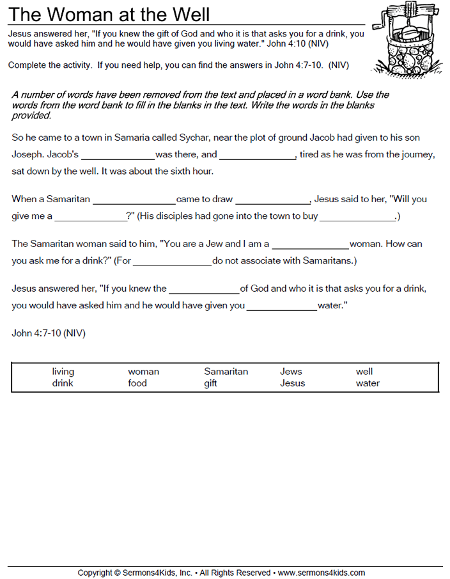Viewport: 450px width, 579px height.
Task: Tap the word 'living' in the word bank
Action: pyautogui.click(x=63, y=371)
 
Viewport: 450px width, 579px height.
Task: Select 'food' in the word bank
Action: pyautogui.click(x=137, y=383)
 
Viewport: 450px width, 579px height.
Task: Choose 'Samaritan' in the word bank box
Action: pyautogui.click(x=226, y=371)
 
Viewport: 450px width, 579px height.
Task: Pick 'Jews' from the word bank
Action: pyautogui.click(x=291, y=371)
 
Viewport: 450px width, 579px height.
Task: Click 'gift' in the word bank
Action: pyautogui.click(x=211, y=383)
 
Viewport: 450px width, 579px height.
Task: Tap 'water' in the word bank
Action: pyautogui.click(x=368, y=383)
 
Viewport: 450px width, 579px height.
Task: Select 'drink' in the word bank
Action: pyautogui.click(x=63, y=383)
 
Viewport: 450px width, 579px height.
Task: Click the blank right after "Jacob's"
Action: pyautogui.click(x=118, y=155)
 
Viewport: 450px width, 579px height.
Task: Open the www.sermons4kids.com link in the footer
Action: pyautogui.click(x=321, y=573)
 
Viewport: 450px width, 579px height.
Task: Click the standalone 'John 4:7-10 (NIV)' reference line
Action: pyautogui.click(x=49, y=333)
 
